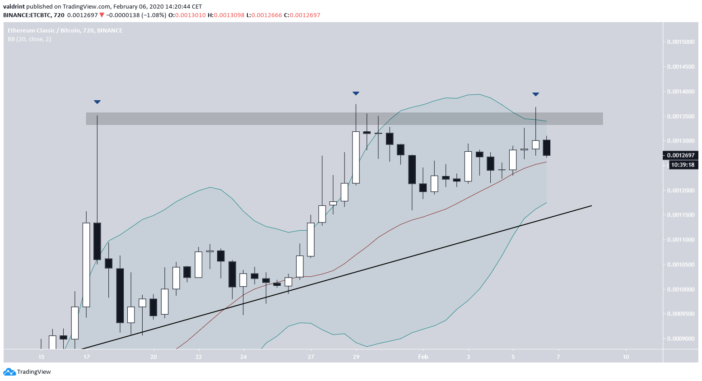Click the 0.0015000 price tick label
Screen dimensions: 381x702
[681, 42]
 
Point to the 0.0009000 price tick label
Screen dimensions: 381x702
[681, 339]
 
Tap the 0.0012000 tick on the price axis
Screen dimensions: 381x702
[681, 190]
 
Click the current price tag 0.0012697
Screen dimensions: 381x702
[681, 155]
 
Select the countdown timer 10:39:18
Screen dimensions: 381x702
[683, 165]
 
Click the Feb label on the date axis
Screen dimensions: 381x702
[423, 357]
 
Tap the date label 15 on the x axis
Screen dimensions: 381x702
[42, 357]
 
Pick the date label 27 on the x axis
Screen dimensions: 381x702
[311, 357]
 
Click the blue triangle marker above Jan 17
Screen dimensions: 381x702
[97, 102]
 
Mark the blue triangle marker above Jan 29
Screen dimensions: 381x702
[356, 93]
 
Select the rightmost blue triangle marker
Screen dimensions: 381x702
[535, 94]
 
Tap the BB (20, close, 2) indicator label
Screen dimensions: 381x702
[29, 39]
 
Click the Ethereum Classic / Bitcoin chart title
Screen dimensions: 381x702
[65, 30]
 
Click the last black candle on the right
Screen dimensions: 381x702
[547, 148]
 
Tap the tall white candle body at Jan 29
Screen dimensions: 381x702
[356, 158]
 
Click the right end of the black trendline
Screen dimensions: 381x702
[590, 206]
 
